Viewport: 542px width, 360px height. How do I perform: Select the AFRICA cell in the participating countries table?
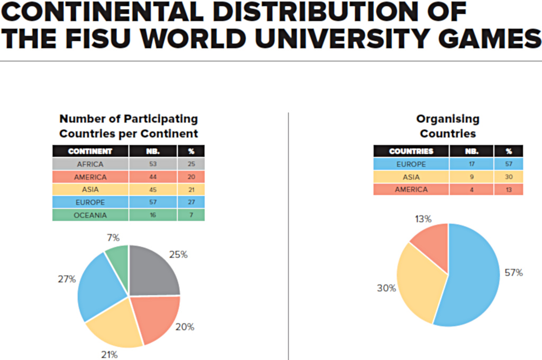pos(90,164)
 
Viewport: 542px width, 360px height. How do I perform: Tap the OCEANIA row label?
pos(90,215)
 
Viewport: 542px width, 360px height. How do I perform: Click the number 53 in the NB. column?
pos(152,164)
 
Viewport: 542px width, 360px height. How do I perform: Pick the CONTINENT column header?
pos(90,151)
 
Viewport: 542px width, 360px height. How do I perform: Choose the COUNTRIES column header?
pos(411,151)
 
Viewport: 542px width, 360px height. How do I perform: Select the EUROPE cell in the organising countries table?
pos(411,164)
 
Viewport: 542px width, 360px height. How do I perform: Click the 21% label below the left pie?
pos(109,354)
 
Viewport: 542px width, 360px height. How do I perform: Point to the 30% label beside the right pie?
pos(386,288)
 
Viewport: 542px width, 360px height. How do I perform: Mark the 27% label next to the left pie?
pos(67,278)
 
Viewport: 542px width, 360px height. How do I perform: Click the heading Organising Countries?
pos(448,126)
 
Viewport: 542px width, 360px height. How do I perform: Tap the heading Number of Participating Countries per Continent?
pos(129,126)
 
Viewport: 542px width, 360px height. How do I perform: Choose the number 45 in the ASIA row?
pos(152,190)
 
